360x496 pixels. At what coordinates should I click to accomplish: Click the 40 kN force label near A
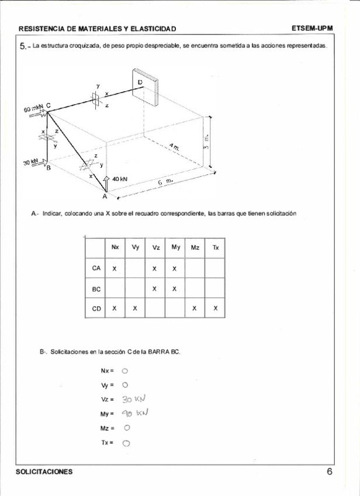[x=120, y=179]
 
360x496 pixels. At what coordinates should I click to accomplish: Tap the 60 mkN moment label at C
[x=34, y=109]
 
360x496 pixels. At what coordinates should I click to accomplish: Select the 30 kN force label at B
[x=31, y=162]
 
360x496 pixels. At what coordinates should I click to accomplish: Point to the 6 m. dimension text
[x=165, y=182]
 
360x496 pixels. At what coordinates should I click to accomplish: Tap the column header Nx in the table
[x=115, y=247]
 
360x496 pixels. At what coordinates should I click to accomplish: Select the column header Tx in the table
[x=216, y=247]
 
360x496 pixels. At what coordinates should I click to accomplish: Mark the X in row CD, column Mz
[x=195, y=308]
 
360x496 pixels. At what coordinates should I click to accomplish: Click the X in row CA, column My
[x=175, y=268]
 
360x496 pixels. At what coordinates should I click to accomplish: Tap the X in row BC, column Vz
[x=154, y=288]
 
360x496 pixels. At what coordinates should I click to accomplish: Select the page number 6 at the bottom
[x=330, y=472]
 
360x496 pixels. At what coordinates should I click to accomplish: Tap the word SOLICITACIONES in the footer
[x=46, y=472]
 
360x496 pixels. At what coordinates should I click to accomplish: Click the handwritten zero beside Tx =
[x=126, y=443]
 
